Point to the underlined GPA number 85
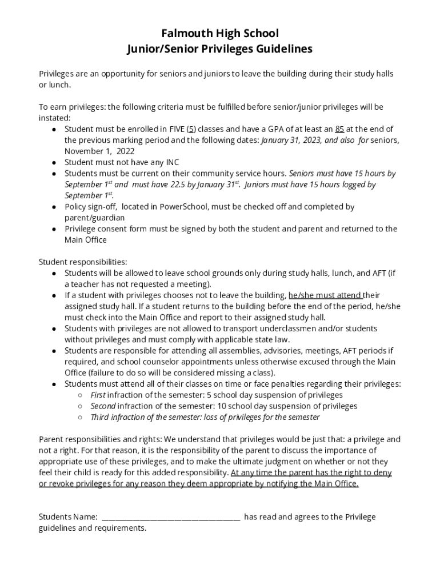coord(339,129)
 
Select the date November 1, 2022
coord(99,151)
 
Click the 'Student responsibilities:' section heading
coord(83,262)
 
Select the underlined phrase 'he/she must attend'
coord(325,295)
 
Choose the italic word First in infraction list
coord(98,395)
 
